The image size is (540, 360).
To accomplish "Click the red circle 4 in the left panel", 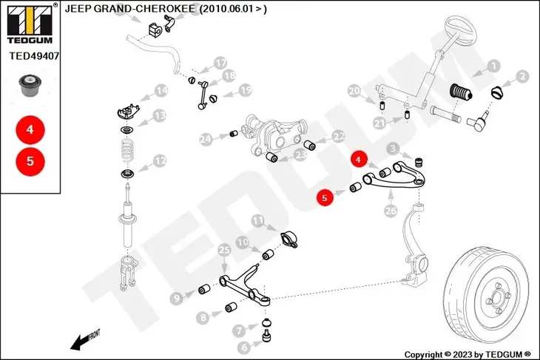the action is pos(30,130).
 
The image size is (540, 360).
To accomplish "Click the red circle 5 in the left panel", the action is pos(30,161).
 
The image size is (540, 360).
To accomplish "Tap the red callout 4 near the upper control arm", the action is pos(359,160).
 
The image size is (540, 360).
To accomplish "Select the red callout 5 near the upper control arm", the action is pos(325,197).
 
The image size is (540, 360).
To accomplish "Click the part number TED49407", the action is pos(34,55).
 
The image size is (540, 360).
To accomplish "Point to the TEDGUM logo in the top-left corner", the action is pos(30,23).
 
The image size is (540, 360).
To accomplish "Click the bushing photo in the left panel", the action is pos(30,85).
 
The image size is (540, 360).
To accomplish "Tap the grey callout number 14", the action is pos(161,91).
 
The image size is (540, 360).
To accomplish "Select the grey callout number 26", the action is pos(391,210).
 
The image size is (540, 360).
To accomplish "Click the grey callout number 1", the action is pos(494,66).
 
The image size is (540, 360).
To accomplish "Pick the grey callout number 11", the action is pos(257,220).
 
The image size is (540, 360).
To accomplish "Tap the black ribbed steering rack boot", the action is pos(461,92).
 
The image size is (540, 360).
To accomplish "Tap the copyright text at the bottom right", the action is pos(468,355).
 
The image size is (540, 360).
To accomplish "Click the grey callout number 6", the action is pos(244,347).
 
